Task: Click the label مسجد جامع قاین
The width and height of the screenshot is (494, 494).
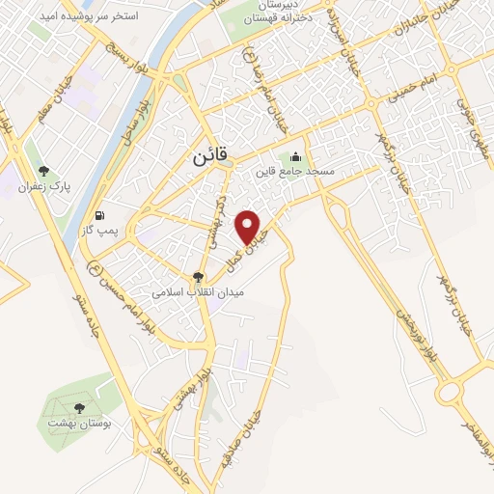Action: tap(293, 172)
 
